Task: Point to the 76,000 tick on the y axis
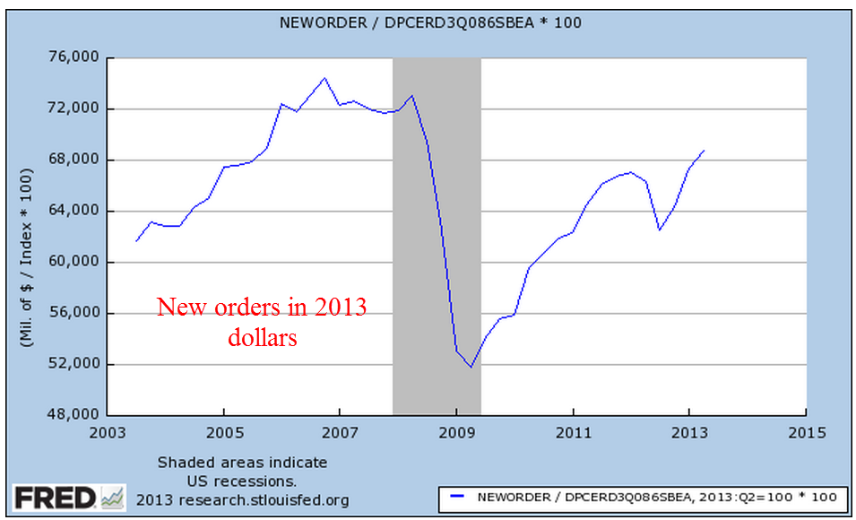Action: (71, 58)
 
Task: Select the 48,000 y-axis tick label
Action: (71, 415)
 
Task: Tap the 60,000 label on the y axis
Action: (71, 262)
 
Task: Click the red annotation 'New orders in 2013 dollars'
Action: (262, 322)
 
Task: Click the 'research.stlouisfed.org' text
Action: (242, 499)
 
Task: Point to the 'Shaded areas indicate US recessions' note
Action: (242, 472)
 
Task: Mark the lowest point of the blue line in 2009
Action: (470, 367)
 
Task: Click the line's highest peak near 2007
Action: (324, 78)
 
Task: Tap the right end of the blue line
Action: (705, 151)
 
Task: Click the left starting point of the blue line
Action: (136, 241)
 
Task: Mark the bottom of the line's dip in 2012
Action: (660, 230)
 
